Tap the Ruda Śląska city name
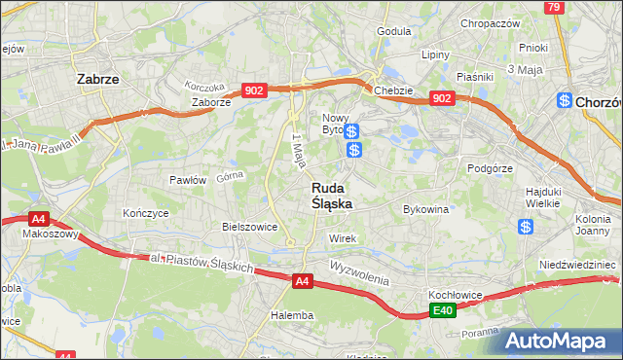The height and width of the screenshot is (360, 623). coord(332,196)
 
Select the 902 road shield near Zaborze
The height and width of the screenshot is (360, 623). coord(255,90)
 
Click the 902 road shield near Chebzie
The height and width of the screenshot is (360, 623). coord(442,98)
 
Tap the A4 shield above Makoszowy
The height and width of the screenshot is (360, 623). coord(38,219)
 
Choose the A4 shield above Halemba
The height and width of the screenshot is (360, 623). coord(303,282)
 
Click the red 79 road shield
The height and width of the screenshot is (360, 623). coord(554,7)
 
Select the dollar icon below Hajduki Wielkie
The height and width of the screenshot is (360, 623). coord(526,227)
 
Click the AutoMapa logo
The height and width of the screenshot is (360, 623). coord(556,341)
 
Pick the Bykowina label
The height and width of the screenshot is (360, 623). coord(425,208)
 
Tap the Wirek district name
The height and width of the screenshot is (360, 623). coord(342,238)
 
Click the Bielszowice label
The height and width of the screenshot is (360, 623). coord(250,226)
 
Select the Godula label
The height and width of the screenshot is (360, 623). coord(393,30)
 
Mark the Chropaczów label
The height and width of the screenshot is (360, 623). coord(490,23)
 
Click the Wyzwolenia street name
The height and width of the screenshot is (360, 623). coord(359,267)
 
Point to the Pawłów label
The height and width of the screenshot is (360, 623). coord(187,180)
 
